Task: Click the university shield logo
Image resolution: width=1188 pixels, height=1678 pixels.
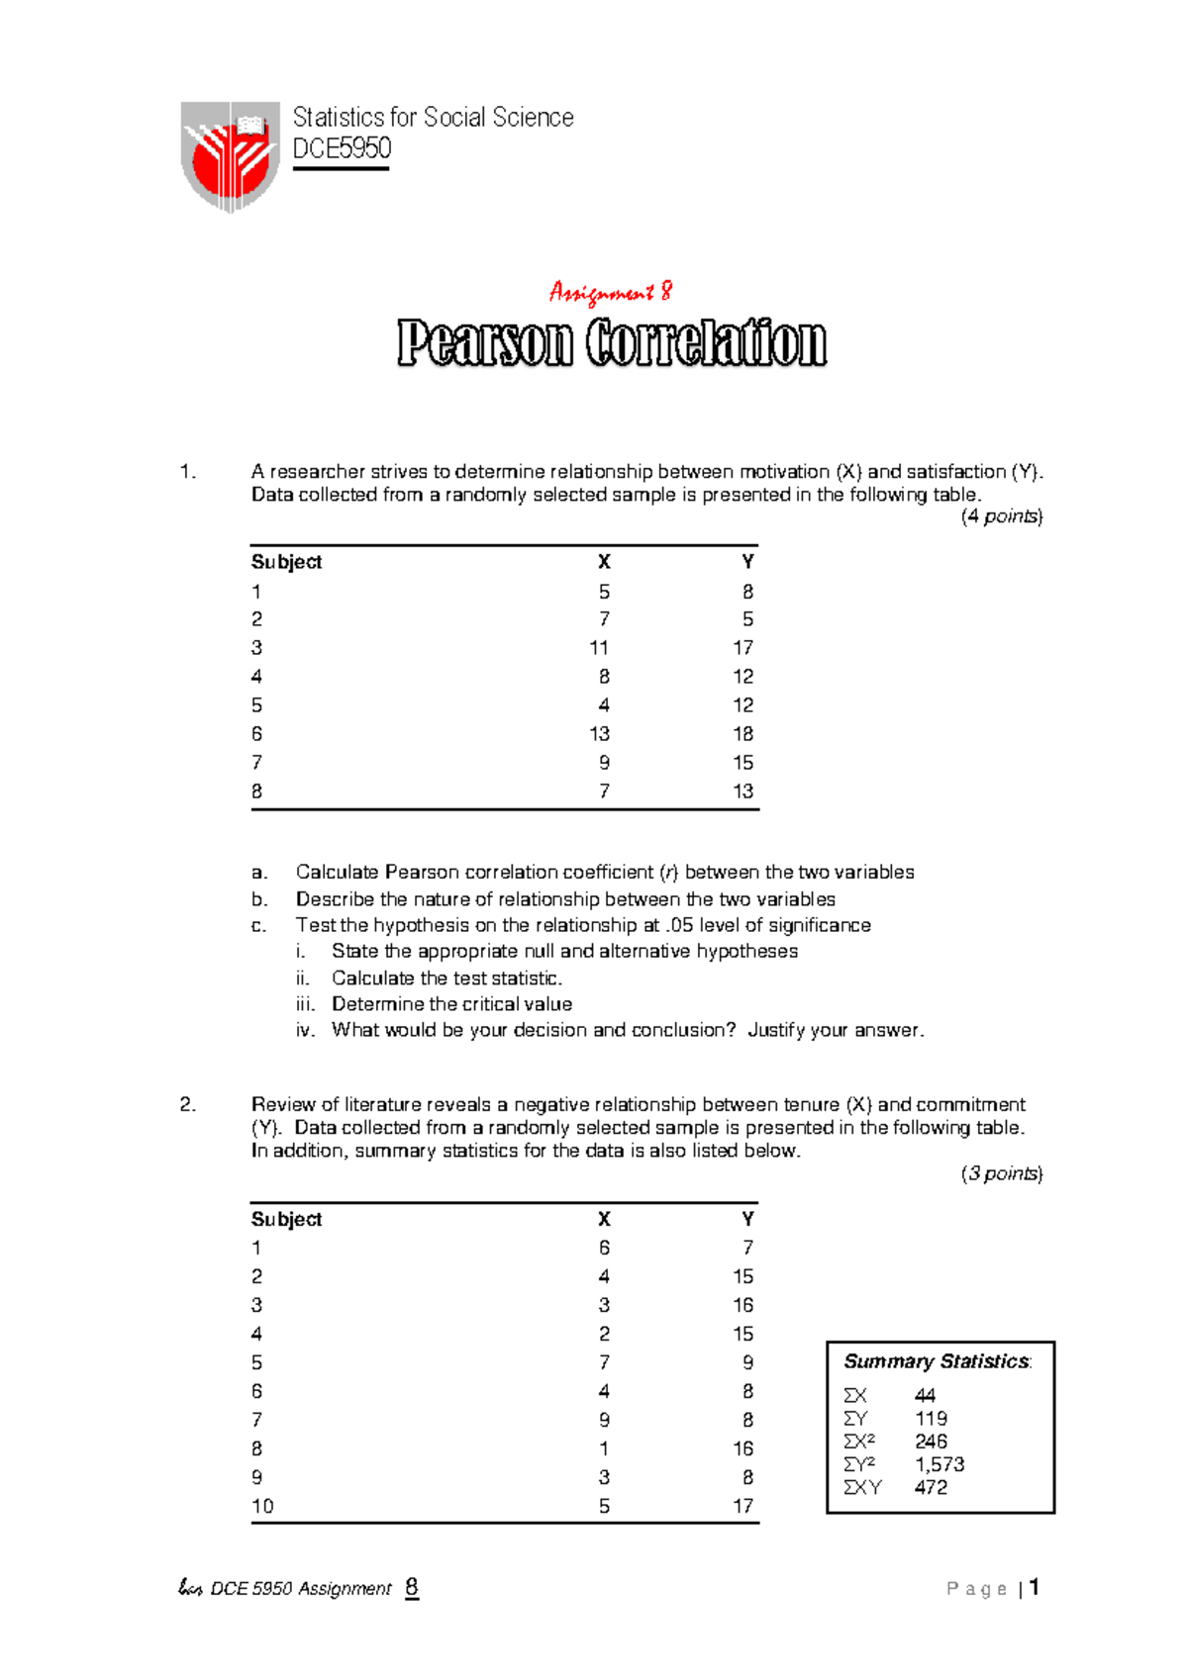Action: click(x=231, y=156)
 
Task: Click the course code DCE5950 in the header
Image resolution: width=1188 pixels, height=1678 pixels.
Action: click(x=342, y=148)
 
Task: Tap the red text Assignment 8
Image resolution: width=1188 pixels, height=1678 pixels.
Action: click(x=611, y=292)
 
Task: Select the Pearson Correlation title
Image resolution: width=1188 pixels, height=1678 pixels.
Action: click(x=612, y=343)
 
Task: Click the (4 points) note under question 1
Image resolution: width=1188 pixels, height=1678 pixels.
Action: click(x=1001, y=516)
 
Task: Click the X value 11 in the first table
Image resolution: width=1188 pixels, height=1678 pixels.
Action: click(x=599, y=648)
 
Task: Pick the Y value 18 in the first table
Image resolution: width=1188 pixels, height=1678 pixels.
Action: click(x=742, y=734)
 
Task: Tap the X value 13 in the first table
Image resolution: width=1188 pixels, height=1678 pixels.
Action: click(x=599, y=734)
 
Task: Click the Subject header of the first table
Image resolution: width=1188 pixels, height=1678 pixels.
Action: click(x=286, y=562)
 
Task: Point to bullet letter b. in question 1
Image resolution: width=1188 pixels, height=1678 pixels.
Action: click(x=259, y=899)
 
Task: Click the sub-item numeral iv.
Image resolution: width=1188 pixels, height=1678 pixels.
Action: click(x=305, y=1030)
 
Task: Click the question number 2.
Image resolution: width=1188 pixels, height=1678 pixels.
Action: click(x=188, y=1104)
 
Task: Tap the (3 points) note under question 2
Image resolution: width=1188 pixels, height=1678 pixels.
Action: click(x=1001, y=1173)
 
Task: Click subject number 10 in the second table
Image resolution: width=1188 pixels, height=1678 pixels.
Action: click(x=262, y=1506)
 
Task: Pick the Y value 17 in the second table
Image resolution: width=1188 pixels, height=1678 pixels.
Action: click(x=742, y=1506)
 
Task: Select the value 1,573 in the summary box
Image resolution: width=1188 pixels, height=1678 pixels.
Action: click(x=940, y=1464)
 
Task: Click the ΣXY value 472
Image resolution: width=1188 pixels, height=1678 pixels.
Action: click(x=931, y=1487)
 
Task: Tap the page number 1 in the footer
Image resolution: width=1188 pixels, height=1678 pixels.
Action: click(x=1034, y=1588)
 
